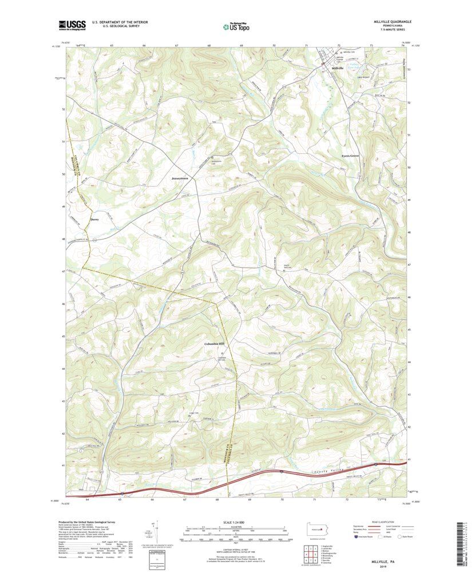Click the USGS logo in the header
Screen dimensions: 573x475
(x=72, y=25)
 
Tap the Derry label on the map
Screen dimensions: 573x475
(x=95, y=218)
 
